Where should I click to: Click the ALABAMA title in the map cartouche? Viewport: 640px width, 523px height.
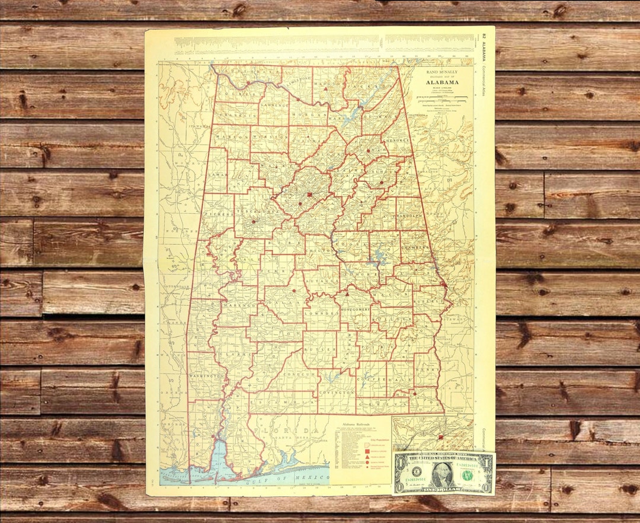pyautogui.click(x=441, y=82)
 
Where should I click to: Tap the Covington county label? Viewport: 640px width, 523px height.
pyautogui.click(x=335, y=392)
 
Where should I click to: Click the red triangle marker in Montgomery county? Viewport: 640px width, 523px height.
pyautogui.click(x=347, y=294)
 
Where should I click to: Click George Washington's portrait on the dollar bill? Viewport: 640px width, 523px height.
pyautogui.click(x=442, y=474)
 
